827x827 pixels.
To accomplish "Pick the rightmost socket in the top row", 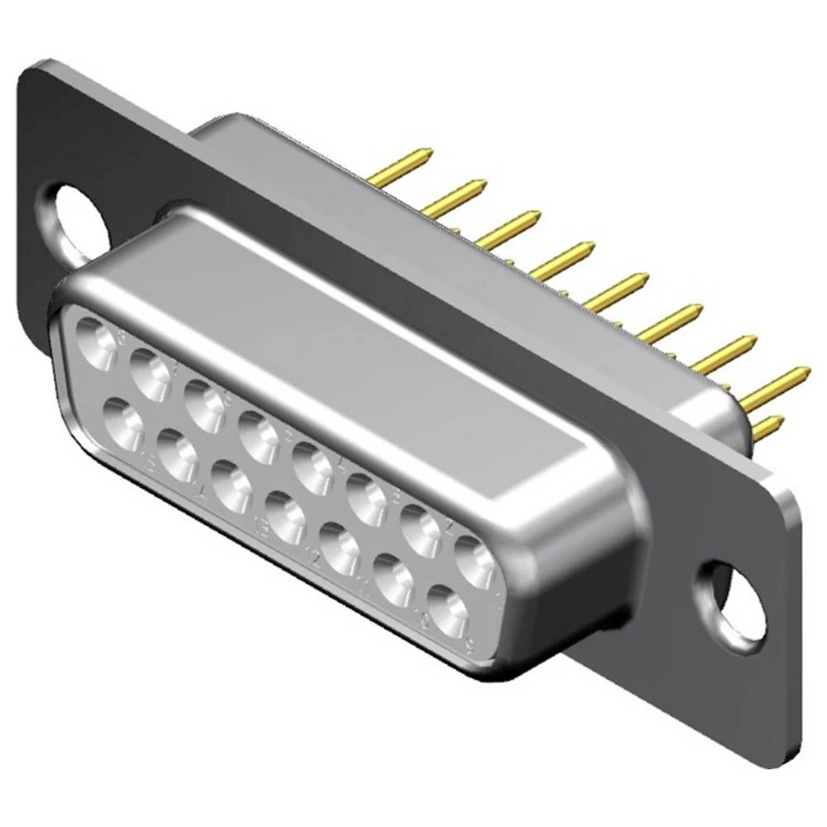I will point(476,563).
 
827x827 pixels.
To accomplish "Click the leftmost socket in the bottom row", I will point(124,423).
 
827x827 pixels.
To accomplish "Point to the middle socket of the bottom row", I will point(286,517).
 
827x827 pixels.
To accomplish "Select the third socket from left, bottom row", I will point(232,486).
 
